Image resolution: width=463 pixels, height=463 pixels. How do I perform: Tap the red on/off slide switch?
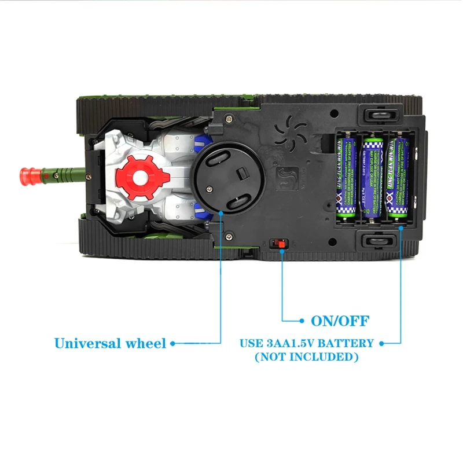281,244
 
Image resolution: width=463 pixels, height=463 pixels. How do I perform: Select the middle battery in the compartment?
373,177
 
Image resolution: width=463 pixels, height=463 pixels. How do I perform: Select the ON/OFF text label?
340,321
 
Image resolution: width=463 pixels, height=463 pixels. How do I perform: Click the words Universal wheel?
110,343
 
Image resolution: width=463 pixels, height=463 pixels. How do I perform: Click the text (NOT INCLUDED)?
306,357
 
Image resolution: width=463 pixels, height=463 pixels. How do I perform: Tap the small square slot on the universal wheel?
241,172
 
